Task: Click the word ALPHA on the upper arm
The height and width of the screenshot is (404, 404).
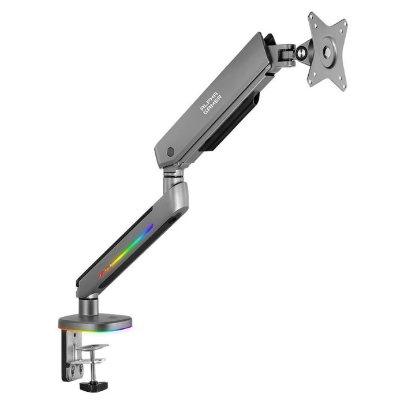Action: (209, 101)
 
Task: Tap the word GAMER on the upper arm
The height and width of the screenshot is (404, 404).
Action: (213, 105)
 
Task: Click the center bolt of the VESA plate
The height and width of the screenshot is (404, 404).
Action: (327, 51)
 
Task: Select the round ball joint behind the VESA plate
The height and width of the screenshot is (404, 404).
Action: (300, 53)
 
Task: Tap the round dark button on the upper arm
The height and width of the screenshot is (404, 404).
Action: (170, 152)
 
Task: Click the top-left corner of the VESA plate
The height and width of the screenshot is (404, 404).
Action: (311, 14)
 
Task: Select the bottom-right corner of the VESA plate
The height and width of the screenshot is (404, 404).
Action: (344, 89)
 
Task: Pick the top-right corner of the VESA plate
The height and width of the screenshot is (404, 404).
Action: (346, 21)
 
